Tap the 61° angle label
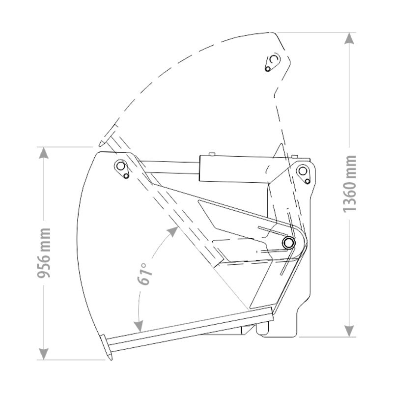pos(144,274)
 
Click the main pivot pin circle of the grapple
pos(288,242)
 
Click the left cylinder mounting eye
pos(120,166)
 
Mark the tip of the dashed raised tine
pos(100,143)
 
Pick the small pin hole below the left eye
pos(127,176)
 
